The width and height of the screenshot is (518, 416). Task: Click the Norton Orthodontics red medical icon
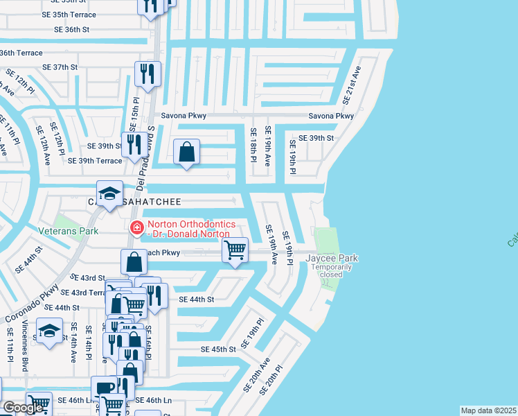pyautogui.click(x=136, y=227)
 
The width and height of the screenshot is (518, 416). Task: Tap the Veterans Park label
pyautogui.click(x=69, y=231)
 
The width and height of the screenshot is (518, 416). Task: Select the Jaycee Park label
pyautogui.click(x=332, y=258)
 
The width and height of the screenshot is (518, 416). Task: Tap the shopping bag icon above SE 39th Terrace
pyautogui.click(x=187, y=152)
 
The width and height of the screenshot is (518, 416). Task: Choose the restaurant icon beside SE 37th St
pyautogui.click(x=148, y=74)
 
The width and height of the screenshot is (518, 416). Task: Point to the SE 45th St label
pyautogui.click(x=219, y=349)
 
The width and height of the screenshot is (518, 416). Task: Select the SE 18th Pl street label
pyautogui.click(x=253, y=146)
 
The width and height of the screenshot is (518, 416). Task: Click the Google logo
pyautogui.click(x=24, y=407)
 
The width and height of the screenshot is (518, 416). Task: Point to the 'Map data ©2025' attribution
pyautogui.click(x=488, y=410)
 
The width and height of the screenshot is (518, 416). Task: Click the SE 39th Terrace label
pyautogui.click(x=95, y=161)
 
